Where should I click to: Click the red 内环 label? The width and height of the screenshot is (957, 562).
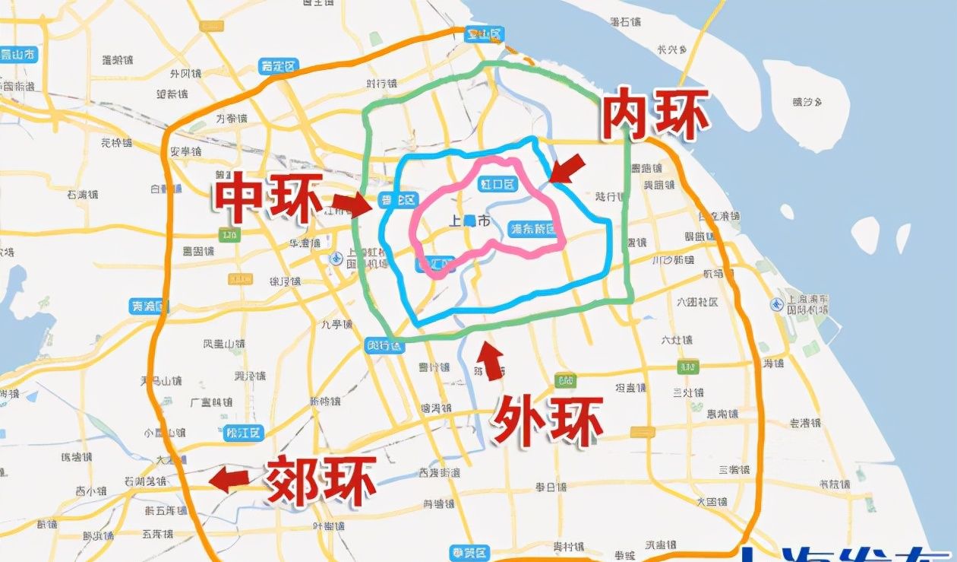click(x=655, y=114)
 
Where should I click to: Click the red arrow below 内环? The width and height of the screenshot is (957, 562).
click(x=567, y=168)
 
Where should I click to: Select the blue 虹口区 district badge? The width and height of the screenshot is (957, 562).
click(x=497, y=184)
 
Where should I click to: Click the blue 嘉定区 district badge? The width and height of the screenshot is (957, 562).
click(x=278, y=66)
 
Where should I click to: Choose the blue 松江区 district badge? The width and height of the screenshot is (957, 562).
click(x=244, y=433)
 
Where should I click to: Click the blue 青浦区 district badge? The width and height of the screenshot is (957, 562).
click(x=149, y=307)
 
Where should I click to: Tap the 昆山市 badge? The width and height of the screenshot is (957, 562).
click(x=19, y=54)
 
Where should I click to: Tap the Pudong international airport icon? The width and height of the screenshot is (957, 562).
click(x=775, y=304)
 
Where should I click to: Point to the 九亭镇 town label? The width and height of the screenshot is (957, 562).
click(x=336, y=325)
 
